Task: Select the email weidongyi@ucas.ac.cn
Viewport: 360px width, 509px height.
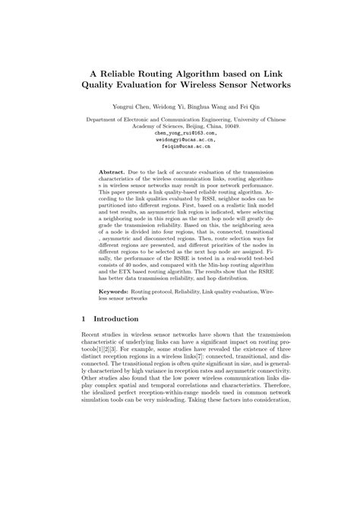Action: point(180,141)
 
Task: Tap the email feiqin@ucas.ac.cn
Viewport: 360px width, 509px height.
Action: point(180,149)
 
